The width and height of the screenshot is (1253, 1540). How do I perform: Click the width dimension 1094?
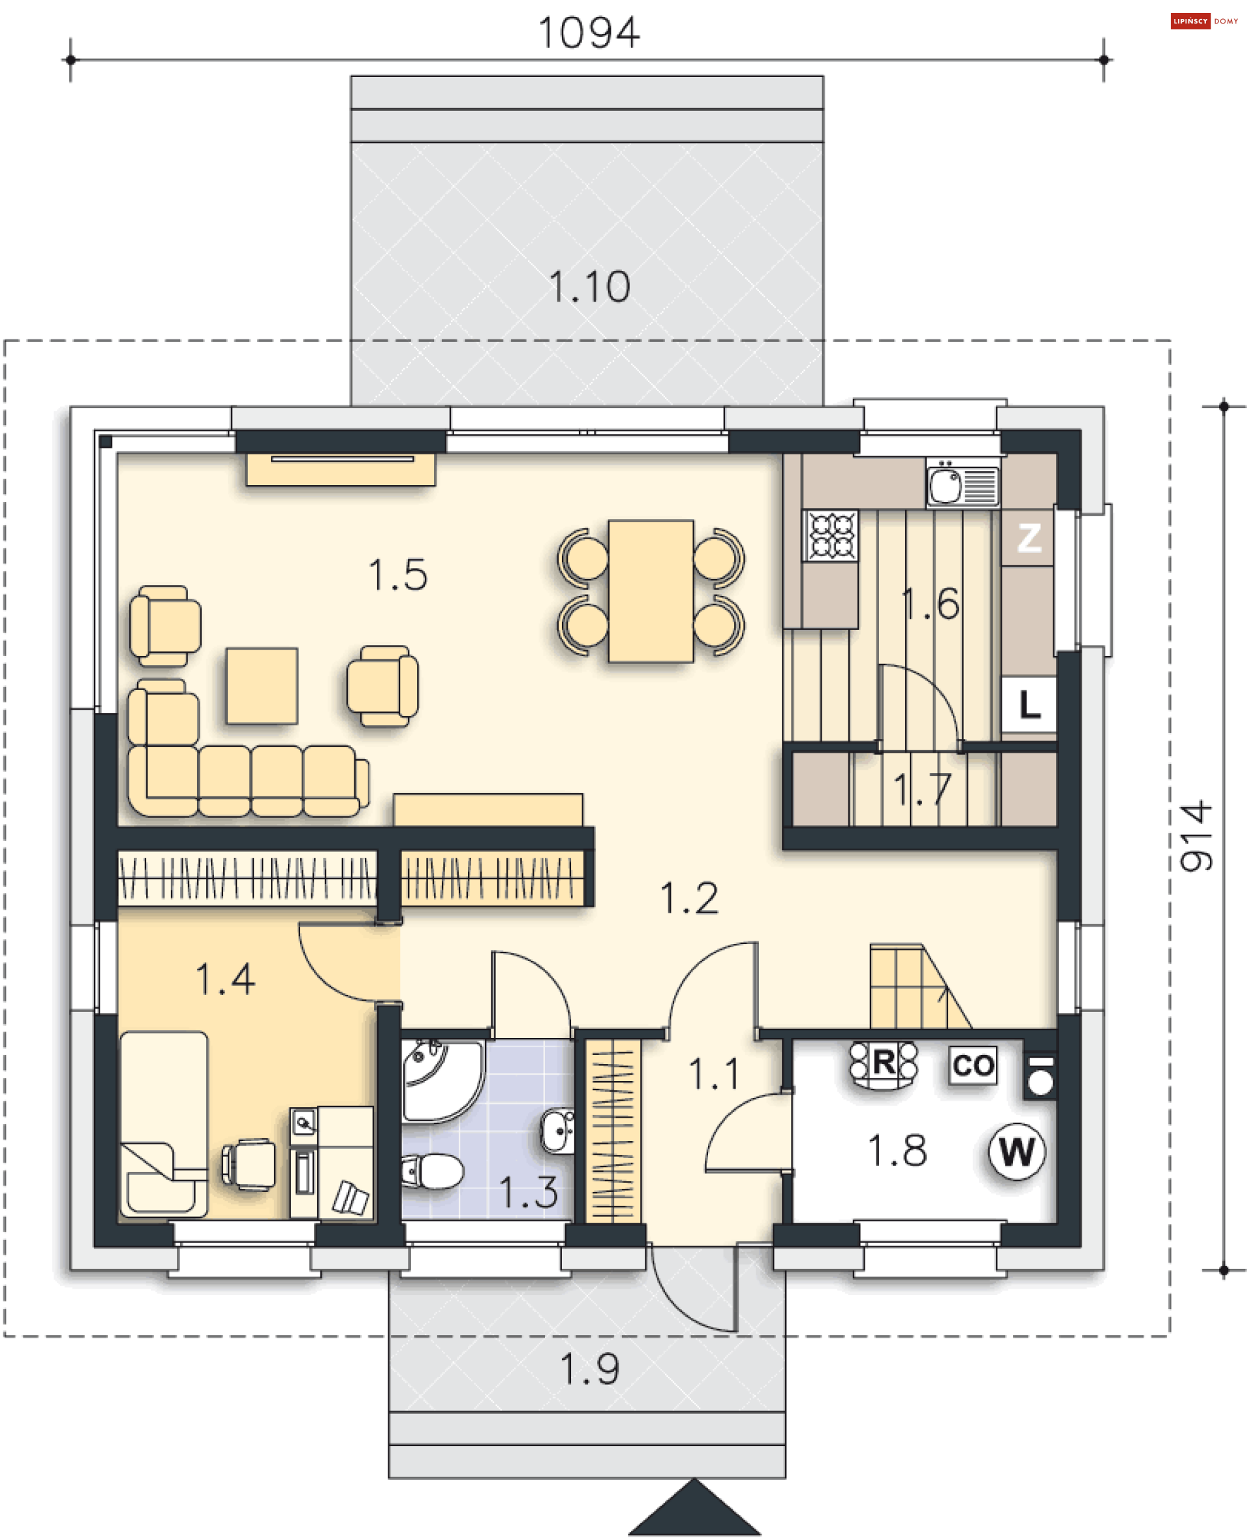coord(589,33)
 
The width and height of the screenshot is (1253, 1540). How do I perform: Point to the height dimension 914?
coord(1196,836)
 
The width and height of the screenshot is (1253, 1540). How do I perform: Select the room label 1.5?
coord(397,574)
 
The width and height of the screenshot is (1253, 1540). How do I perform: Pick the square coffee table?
coord(261,685)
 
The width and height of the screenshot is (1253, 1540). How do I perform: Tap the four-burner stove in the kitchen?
coord(831,535)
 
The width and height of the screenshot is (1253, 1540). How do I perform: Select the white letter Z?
coord(1029,538)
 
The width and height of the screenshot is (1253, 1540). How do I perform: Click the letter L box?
coord(1029,704)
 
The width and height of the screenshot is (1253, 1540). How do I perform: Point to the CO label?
coord(973,1065)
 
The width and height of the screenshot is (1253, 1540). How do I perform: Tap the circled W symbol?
coord(1016,1151)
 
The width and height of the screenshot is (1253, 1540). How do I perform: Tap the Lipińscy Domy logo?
coord(1204,21)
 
